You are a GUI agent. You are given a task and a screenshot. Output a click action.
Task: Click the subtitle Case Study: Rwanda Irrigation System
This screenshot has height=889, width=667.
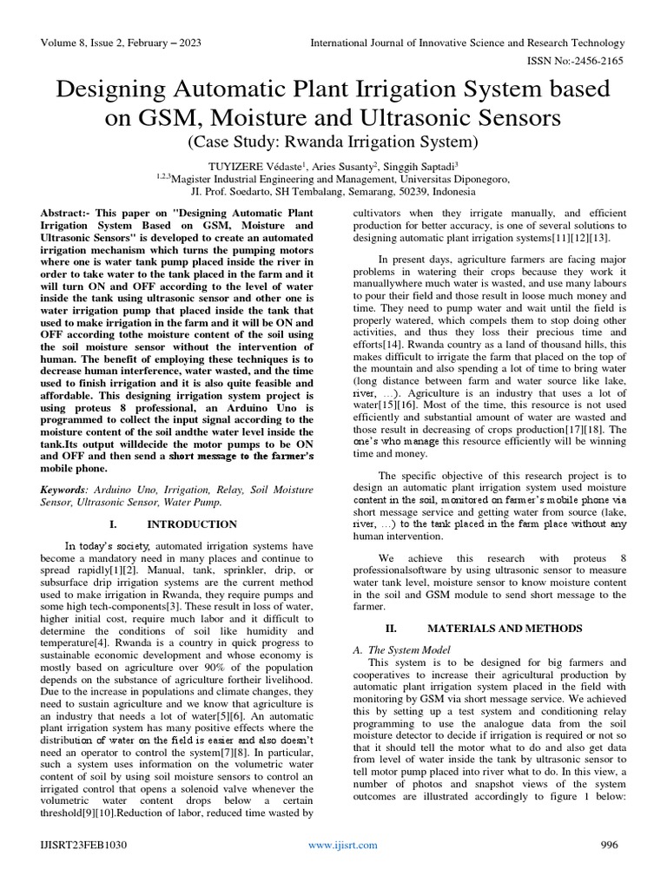tap(333, 141)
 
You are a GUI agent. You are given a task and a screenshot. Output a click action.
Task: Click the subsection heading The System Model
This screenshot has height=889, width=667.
tap(406, 649)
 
